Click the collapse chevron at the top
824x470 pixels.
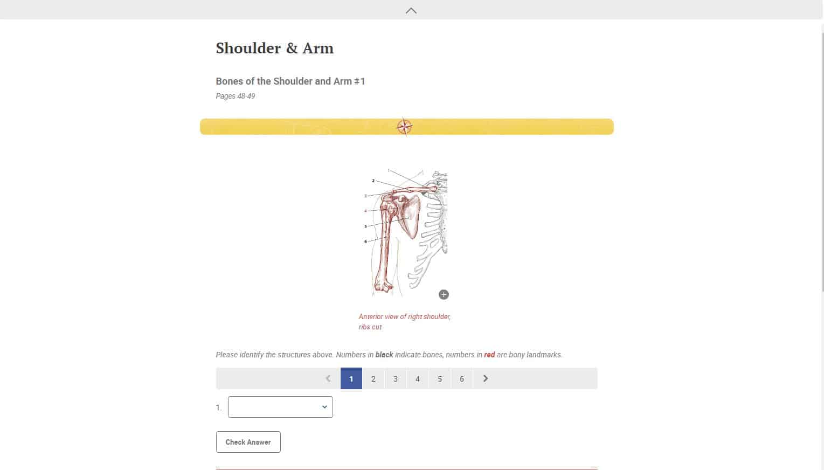tap(411, 10)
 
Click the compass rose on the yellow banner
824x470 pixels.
tap(405, 127)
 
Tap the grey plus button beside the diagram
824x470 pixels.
tap(444, 294)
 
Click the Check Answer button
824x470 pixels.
tap(248, 442)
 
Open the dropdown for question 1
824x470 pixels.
tap(280, 407)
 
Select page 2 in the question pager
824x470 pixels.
tap(373, 378)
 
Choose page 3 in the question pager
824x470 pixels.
tap(395, 378)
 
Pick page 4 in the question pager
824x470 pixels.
tap(417, 378)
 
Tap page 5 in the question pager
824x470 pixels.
tap(440, 378)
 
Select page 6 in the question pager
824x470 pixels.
tap(462, 378)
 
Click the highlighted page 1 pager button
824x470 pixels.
tap(351, 378)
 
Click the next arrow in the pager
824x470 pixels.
tap(486, 378)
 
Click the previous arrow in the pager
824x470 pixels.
tap(328, 378)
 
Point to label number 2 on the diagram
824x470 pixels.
tap(373, 181)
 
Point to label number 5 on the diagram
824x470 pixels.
tap(365, 226)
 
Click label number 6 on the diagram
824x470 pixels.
tap(365, 241)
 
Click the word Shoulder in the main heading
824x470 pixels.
tap(247, 48)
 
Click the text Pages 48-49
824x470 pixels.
tap(236, 96)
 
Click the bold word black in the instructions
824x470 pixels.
tap(384, 355)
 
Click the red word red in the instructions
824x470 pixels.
tap(489, 355)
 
